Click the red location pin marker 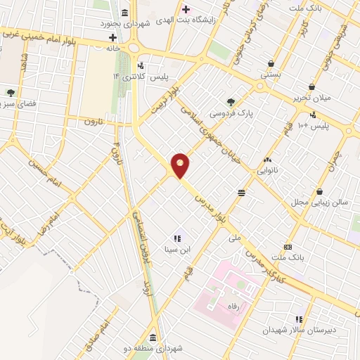pos(181,165)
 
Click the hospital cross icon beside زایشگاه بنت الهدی pos(186,9)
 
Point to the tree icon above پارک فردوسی pos(232,102)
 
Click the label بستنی pos(271,73)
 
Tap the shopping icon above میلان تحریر pos(311,86)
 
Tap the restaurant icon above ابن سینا pos(177,238)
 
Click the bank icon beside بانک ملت pos(288,247)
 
